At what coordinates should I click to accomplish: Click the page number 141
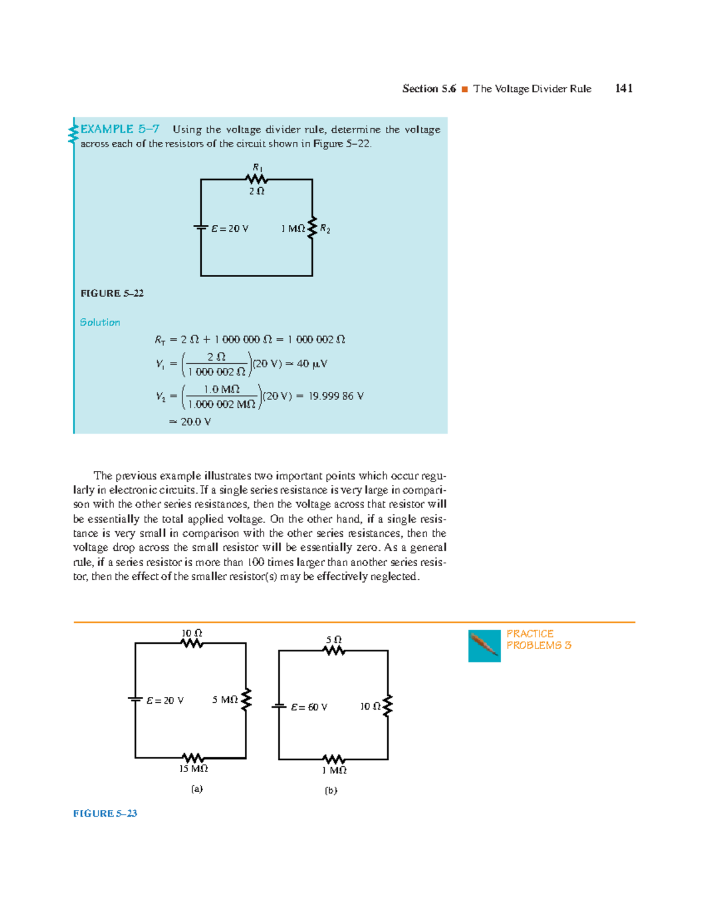pos(624,88)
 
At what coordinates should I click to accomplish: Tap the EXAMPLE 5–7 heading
pos(120,129)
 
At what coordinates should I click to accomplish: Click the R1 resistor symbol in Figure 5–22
pos(257,179)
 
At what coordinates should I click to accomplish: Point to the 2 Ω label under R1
pos(257,191)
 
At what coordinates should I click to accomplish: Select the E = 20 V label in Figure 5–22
pos(230,228)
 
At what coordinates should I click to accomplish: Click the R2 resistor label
pos(325,229)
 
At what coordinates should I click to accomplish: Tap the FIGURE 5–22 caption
pos(112,293)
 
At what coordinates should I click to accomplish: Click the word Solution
pos(100,322)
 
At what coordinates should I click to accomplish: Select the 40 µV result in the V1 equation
pos(312,364)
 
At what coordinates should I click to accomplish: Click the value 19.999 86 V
pos(336,396)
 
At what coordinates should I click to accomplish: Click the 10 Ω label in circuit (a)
pos(192,633)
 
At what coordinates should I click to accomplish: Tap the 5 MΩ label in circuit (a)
pos(225,700)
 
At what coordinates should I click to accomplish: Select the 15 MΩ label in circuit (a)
pos(194,769)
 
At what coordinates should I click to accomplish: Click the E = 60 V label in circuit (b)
pos(309,707)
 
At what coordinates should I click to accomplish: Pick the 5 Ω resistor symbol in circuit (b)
pos(334,650)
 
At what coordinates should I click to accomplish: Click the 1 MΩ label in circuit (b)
pos(334,770)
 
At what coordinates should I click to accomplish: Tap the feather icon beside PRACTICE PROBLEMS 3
pos(484,646)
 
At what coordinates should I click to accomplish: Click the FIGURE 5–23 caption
pos(105,813)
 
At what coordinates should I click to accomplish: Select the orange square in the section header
pos(464,89)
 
